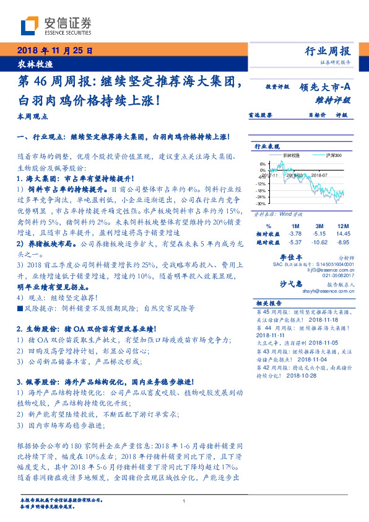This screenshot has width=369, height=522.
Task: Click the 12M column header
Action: pos(341,226)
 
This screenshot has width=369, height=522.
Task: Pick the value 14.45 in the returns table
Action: pos(342,234)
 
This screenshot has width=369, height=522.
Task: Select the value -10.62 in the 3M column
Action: pos(318,242)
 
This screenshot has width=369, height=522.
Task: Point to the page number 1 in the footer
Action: pos(184,502)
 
